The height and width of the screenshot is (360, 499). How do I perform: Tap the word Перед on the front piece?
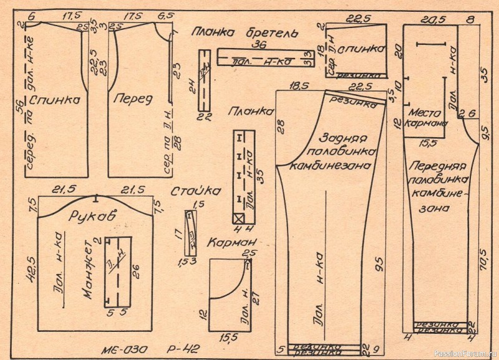132,99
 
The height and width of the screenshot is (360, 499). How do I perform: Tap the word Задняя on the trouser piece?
344,138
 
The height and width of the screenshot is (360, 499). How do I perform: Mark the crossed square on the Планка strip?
238,218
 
